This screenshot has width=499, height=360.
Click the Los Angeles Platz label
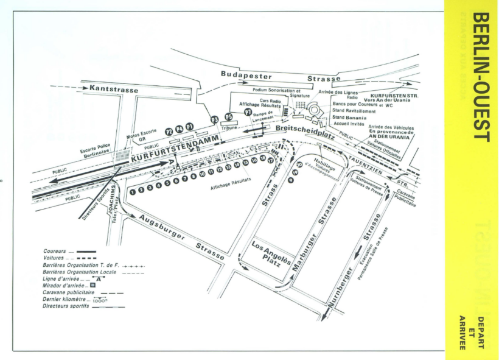click(x=270, y=254)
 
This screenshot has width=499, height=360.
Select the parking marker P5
click(x=229, y=116)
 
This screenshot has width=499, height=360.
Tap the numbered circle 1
click(x=133, y=190)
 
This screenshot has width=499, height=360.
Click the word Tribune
click(x=229, y=129)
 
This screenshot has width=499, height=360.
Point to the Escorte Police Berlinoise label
click(x=98, y=150)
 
